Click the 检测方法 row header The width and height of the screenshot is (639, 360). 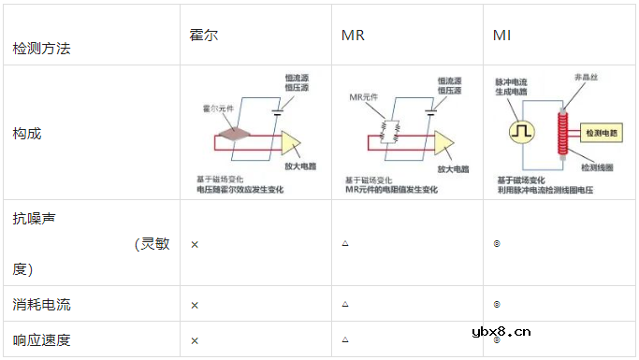click(41, 47)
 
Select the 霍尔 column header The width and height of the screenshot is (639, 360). click(203, 36)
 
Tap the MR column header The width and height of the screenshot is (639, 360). click(353, 36)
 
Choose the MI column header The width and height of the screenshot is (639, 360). click(502, 36)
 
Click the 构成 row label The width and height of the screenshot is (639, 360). click(27, 133)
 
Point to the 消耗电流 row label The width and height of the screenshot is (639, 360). click(41, 304)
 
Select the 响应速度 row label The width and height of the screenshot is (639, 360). click(41, 339)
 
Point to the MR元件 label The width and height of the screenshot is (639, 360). click(362, 97)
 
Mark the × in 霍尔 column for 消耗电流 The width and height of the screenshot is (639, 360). click(195, 305)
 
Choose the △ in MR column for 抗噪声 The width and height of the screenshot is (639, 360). click(345, 243)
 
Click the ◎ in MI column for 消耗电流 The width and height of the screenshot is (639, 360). click(496, 304)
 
